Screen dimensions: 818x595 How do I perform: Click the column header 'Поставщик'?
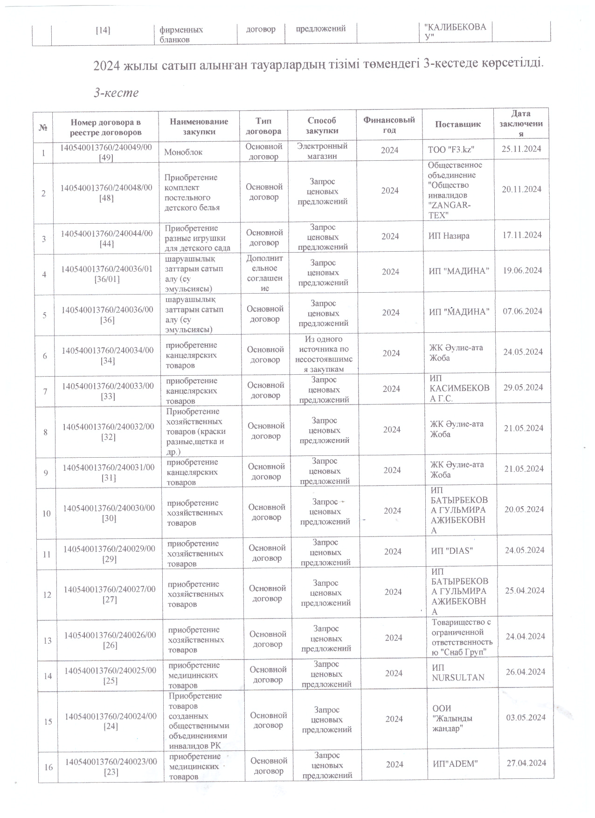point(457,124)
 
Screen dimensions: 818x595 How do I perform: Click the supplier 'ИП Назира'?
point(449,236)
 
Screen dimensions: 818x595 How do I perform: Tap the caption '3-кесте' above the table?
point(116,93)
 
